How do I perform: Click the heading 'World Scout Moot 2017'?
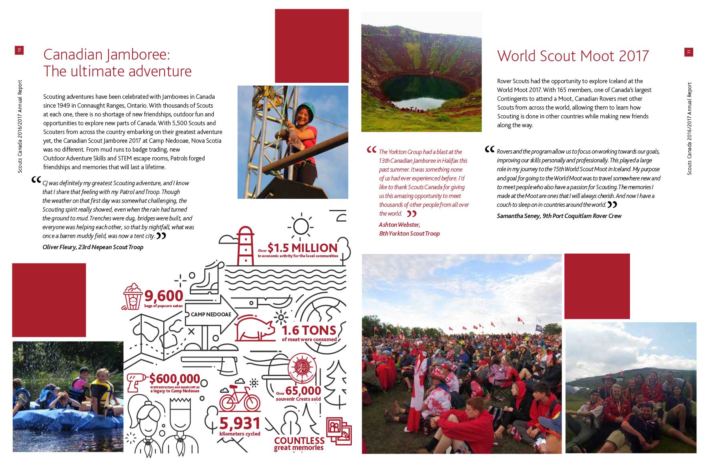click(573, 56)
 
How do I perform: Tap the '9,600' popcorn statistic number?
click(164, 296)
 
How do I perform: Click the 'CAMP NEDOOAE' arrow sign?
click(211, 314)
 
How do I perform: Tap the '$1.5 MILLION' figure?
click(303, 248)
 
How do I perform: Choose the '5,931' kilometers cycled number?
click(240, 423)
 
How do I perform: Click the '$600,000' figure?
click(174, 378)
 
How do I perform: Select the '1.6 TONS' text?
click(309, 330)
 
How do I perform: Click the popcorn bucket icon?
click(132, 296)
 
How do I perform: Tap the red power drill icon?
click(136, 382)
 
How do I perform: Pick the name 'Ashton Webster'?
click(399, 225)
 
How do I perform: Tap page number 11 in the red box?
click(688, 52)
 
